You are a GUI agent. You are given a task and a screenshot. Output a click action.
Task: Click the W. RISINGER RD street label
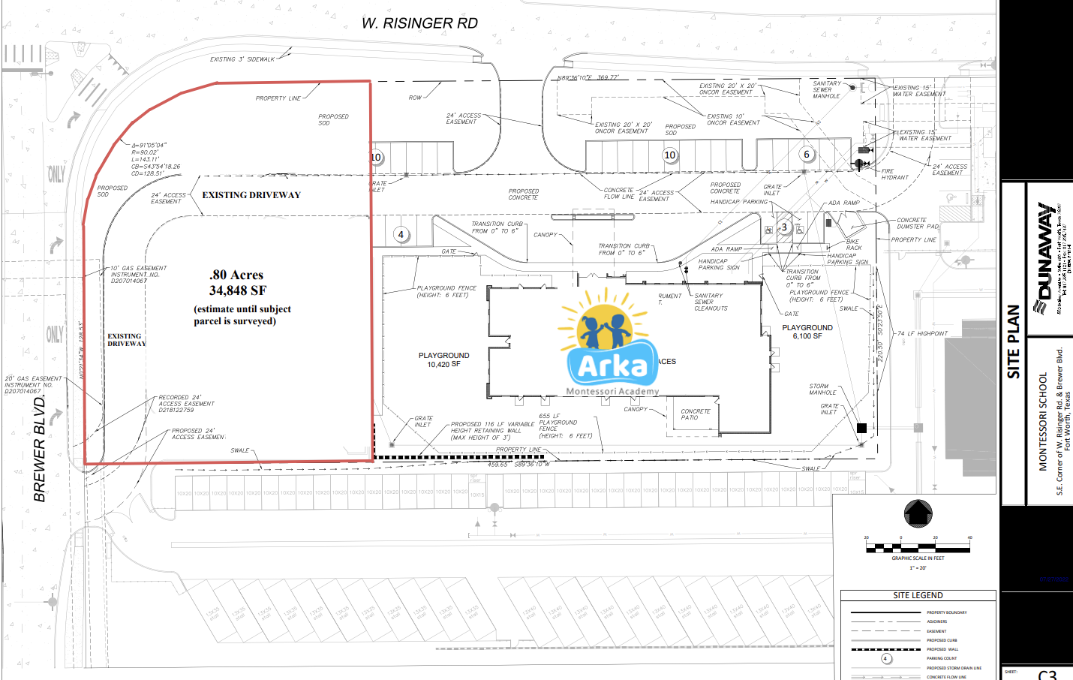419,23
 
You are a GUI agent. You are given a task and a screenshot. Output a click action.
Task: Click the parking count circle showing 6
807,155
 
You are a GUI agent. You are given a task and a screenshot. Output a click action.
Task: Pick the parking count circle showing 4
401,235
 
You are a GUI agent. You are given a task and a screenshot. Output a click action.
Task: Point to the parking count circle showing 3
784,227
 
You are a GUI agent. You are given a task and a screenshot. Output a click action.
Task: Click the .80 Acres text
236,275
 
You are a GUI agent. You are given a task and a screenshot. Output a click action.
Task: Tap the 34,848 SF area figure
237,290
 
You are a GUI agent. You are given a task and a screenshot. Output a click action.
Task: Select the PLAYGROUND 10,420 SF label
443,360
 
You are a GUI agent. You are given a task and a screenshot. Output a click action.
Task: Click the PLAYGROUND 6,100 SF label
807,332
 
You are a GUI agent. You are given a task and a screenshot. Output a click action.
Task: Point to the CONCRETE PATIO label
695,414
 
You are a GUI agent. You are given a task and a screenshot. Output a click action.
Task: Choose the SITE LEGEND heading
918,595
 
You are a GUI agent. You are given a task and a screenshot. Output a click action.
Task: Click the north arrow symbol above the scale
918,514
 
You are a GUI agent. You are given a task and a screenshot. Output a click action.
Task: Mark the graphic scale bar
918,547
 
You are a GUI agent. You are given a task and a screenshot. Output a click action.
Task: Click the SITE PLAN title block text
1013,342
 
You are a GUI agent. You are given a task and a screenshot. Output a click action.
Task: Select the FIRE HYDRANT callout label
894,174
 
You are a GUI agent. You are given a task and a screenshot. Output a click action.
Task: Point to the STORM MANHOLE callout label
822,390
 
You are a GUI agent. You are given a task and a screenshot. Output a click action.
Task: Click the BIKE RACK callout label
854,245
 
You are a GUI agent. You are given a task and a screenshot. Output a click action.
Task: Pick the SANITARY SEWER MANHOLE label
826,89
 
